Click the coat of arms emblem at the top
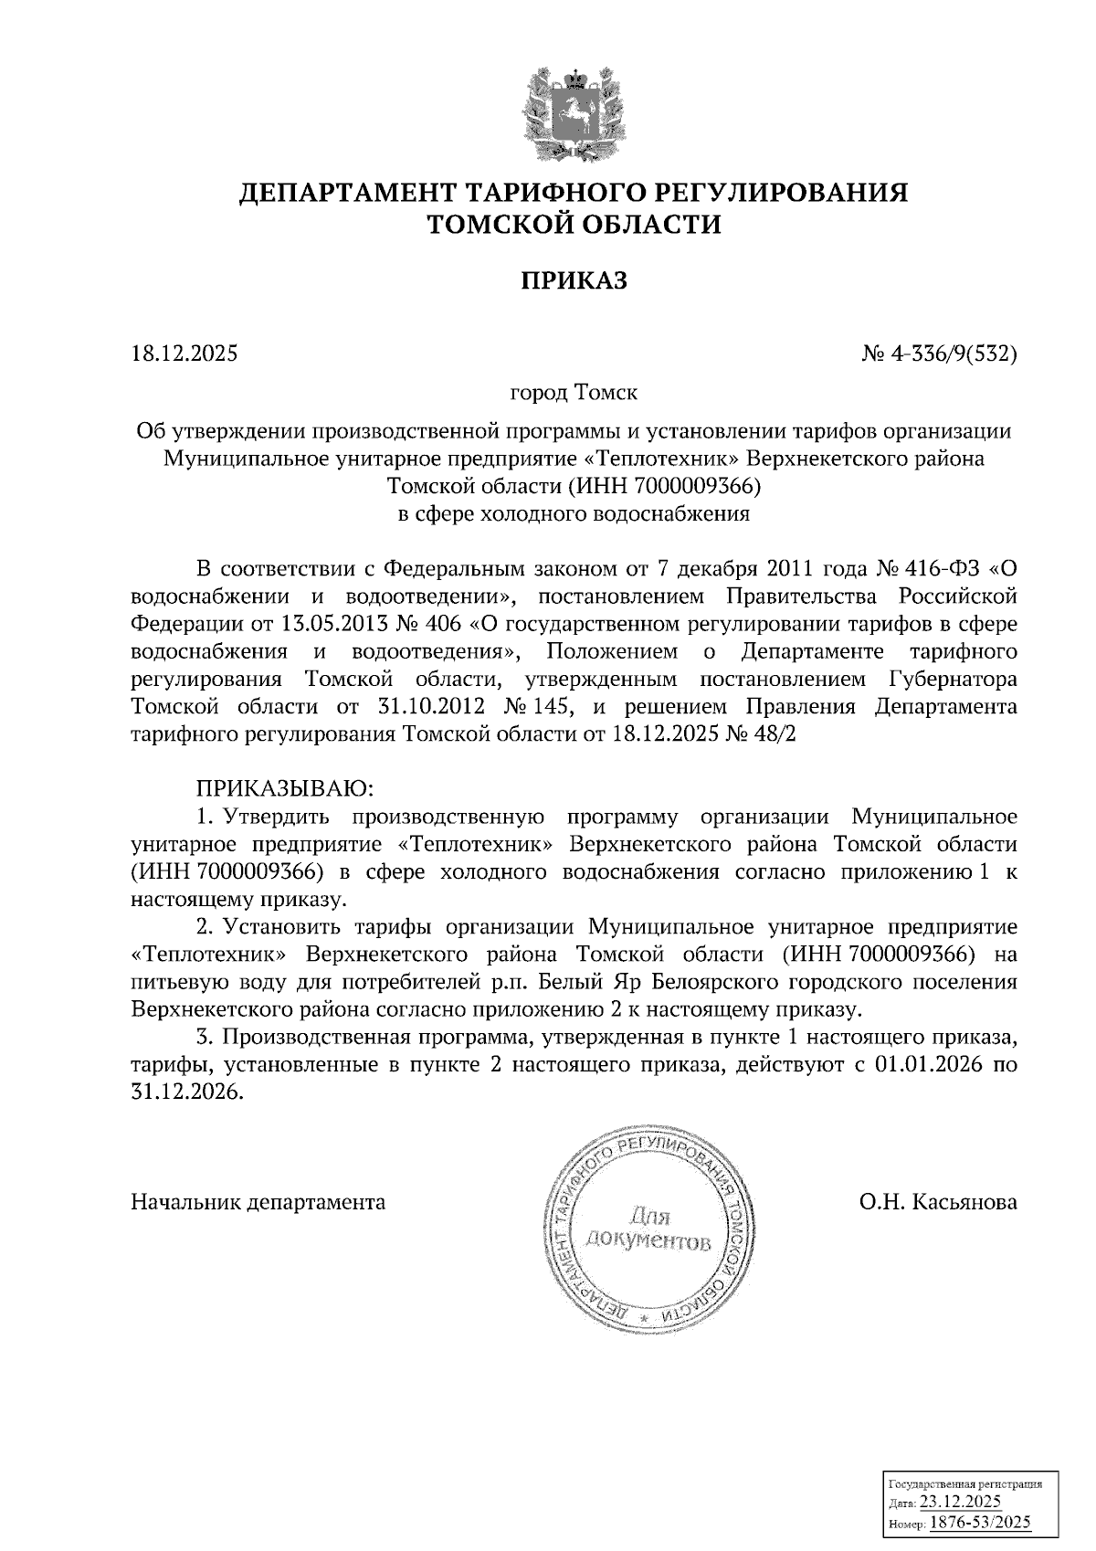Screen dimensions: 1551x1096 pos(574,111)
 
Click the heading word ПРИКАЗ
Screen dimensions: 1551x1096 pos(574,280)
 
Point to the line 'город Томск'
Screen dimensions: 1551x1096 pos(574,393)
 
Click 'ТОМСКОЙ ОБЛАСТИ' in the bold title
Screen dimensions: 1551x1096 pos(574,224)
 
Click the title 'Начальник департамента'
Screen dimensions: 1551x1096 pos(258,1202)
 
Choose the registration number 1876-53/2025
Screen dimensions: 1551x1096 pos(980,1522)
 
